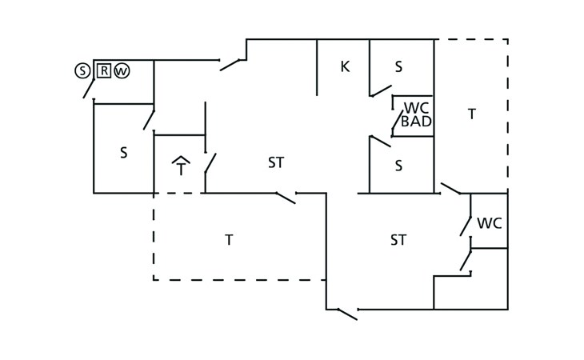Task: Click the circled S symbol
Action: (82, 70)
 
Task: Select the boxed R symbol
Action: (104, 70)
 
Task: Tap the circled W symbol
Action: (122, 70)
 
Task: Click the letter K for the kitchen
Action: (346, 66)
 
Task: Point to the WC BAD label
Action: (416, 114)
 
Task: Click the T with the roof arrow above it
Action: (181, 166)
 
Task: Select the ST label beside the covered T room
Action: (276, 162)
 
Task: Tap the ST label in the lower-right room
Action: (398, 240)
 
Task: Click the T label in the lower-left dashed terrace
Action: (229, 240)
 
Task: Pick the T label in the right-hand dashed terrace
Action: (472, 114)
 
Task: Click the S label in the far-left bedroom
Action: (124, 153)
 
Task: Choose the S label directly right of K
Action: (398, 67)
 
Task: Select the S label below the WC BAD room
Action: (398, 166)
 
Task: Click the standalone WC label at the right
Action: (490, 223)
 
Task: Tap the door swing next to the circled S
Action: (89, 89)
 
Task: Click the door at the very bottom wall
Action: (347, 314)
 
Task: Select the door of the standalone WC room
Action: (466, 226)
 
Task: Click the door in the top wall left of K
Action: (230, 65)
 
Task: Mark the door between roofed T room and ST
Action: (210, 163)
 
